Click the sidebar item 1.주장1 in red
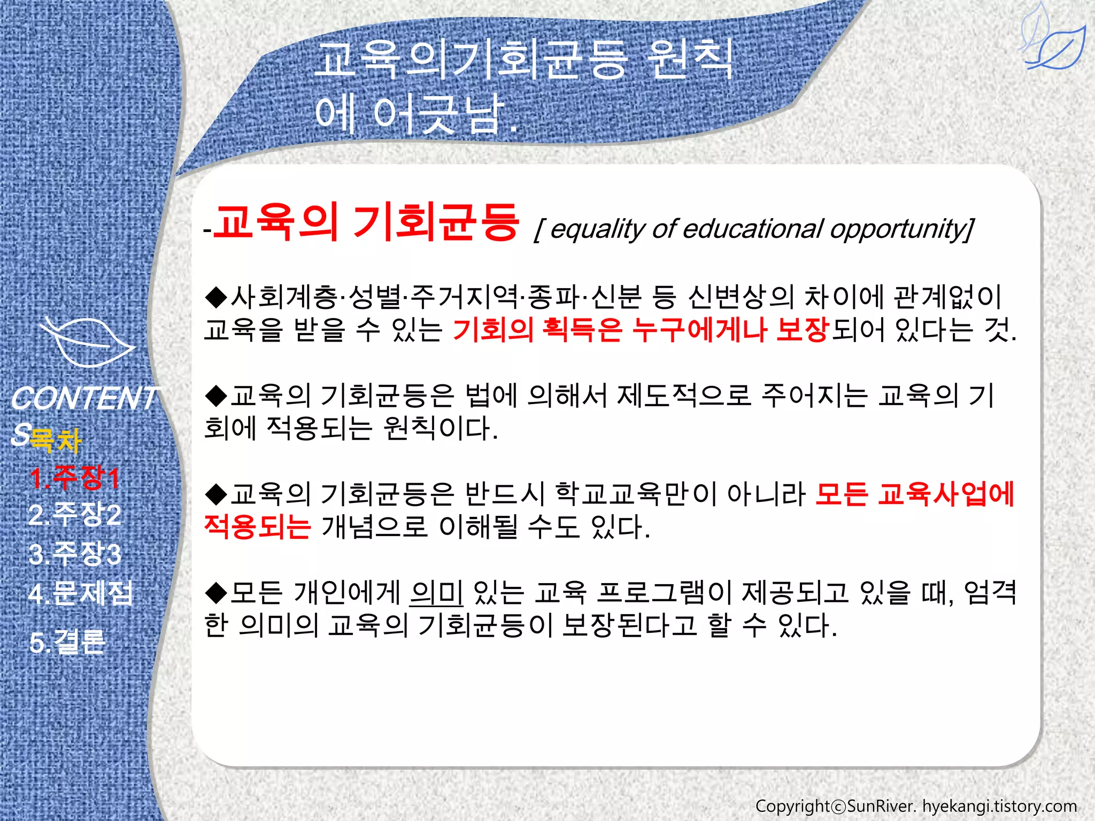point(74,477)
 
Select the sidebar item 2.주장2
point(75,515)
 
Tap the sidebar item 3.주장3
point(75,554)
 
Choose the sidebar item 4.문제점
point(80,593)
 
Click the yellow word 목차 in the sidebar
point(56,440)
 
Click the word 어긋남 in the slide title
point(438,114)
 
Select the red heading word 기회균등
point(436,222)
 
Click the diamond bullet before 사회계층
point(217,297)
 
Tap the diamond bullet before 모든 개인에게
point(217,592)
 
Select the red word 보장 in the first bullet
point(803,329)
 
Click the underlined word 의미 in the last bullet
point(436,592)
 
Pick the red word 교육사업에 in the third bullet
point(946,494)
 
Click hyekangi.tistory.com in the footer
point(999,806)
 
